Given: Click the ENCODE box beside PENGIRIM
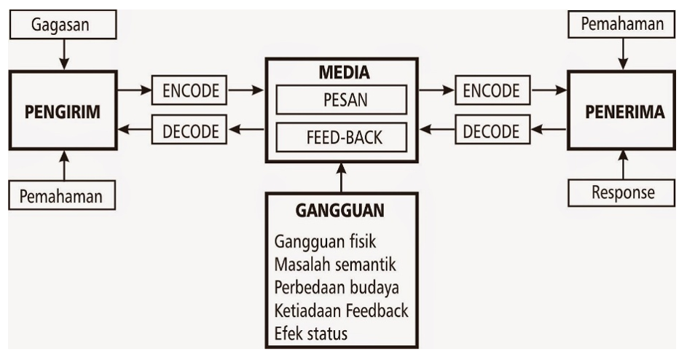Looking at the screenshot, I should coord(189,91).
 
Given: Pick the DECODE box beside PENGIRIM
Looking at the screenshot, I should coord(189,131).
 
